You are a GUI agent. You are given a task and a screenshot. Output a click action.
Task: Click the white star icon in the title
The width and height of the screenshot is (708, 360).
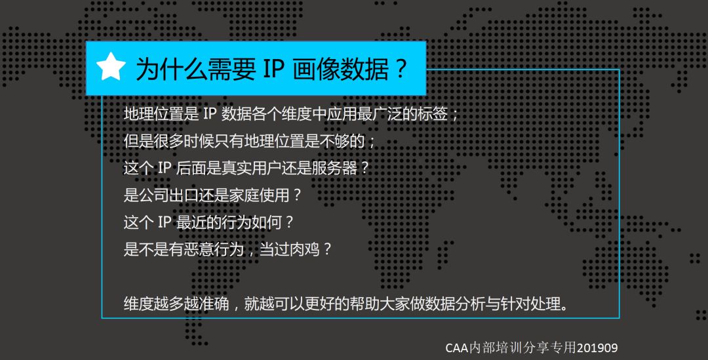pos(111,67)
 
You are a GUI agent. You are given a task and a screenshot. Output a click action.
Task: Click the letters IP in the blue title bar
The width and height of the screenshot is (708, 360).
pos(273,69)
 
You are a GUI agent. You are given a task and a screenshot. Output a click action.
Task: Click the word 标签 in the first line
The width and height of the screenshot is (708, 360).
pos(433,114)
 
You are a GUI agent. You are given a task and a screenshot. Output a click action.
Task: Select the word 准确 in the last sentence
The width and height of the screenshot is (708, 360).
pos(214,304)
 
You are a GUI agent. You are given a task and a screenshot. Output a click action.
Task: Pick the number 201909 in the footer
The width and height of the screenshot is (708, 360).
pos(597,348)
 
